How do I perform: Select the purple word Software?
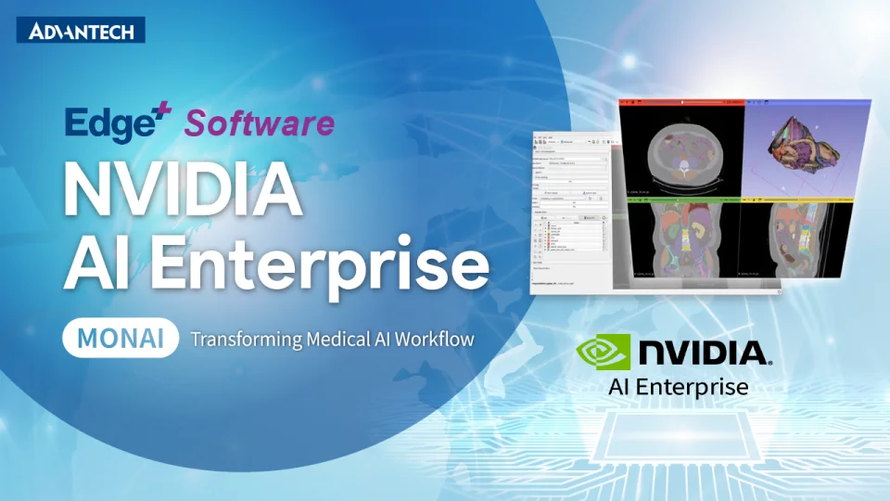260,122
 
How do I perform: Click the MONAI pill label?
121,338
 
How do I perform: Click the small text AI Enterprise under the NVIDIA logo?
678,386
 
